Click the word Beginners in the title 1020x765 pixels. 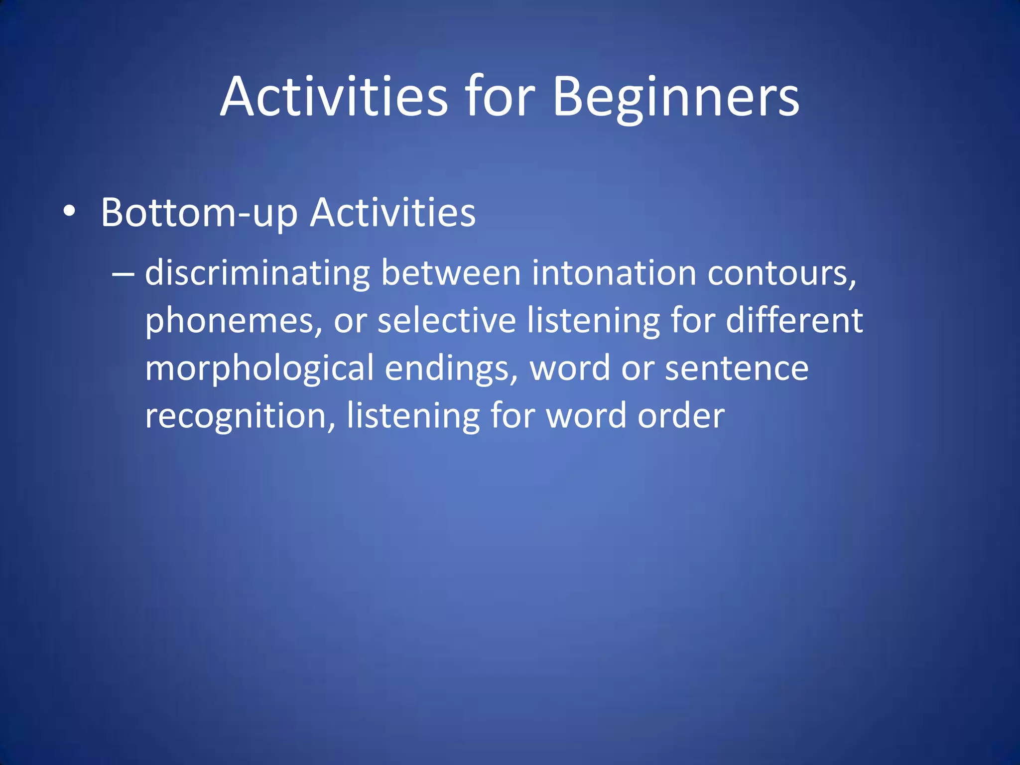coord(676,97)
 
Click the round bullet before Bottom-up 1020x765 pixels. coord(70,212)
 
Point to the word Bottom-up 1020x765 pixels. coord(199,213)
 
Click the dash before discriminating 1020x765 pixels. coord(123,274)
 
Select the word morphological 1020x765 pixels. coord(259,369)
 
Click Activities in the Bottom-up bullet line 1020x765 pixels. coord(393,213)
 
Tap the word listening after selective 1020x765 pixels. coord(593,321)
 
